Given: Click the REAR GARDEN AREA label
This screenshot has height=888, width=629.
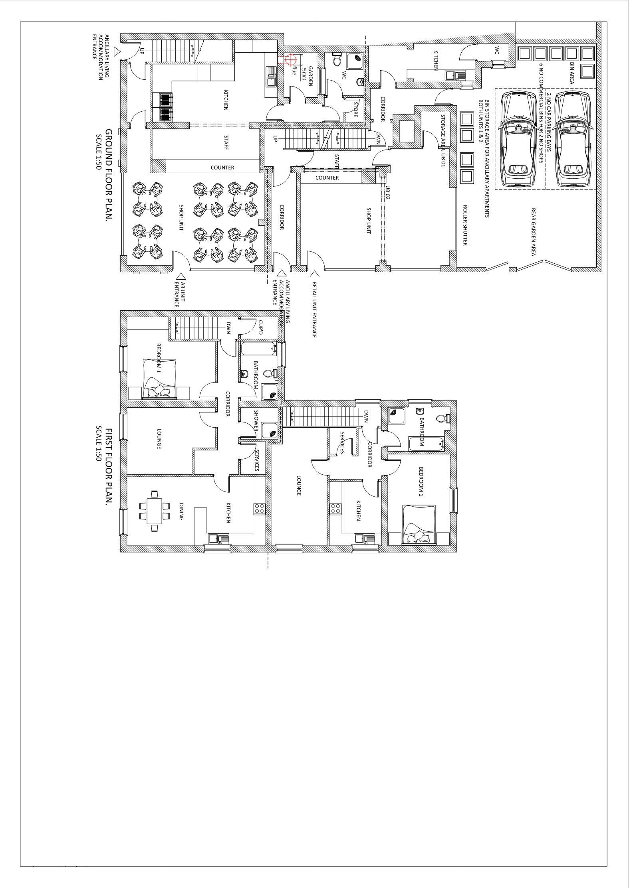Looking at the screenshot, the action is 534,231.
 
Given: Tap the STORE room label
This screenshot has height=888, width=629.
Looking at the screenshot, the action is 355,110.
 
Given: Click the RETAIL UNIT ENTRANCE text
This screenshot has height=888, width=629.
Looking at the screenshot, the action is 314,310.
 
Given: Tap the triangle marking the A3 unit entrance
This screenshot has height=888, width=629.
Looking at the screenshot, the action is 181,276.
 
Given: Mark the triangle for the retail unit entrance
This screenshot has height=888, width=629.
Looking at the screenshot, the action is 315,274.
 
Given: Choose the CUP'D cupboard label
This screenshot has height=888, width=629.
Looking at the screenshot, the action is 260,327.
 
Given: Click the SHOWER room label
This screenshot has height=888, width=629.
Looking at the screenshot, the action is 256,421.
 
